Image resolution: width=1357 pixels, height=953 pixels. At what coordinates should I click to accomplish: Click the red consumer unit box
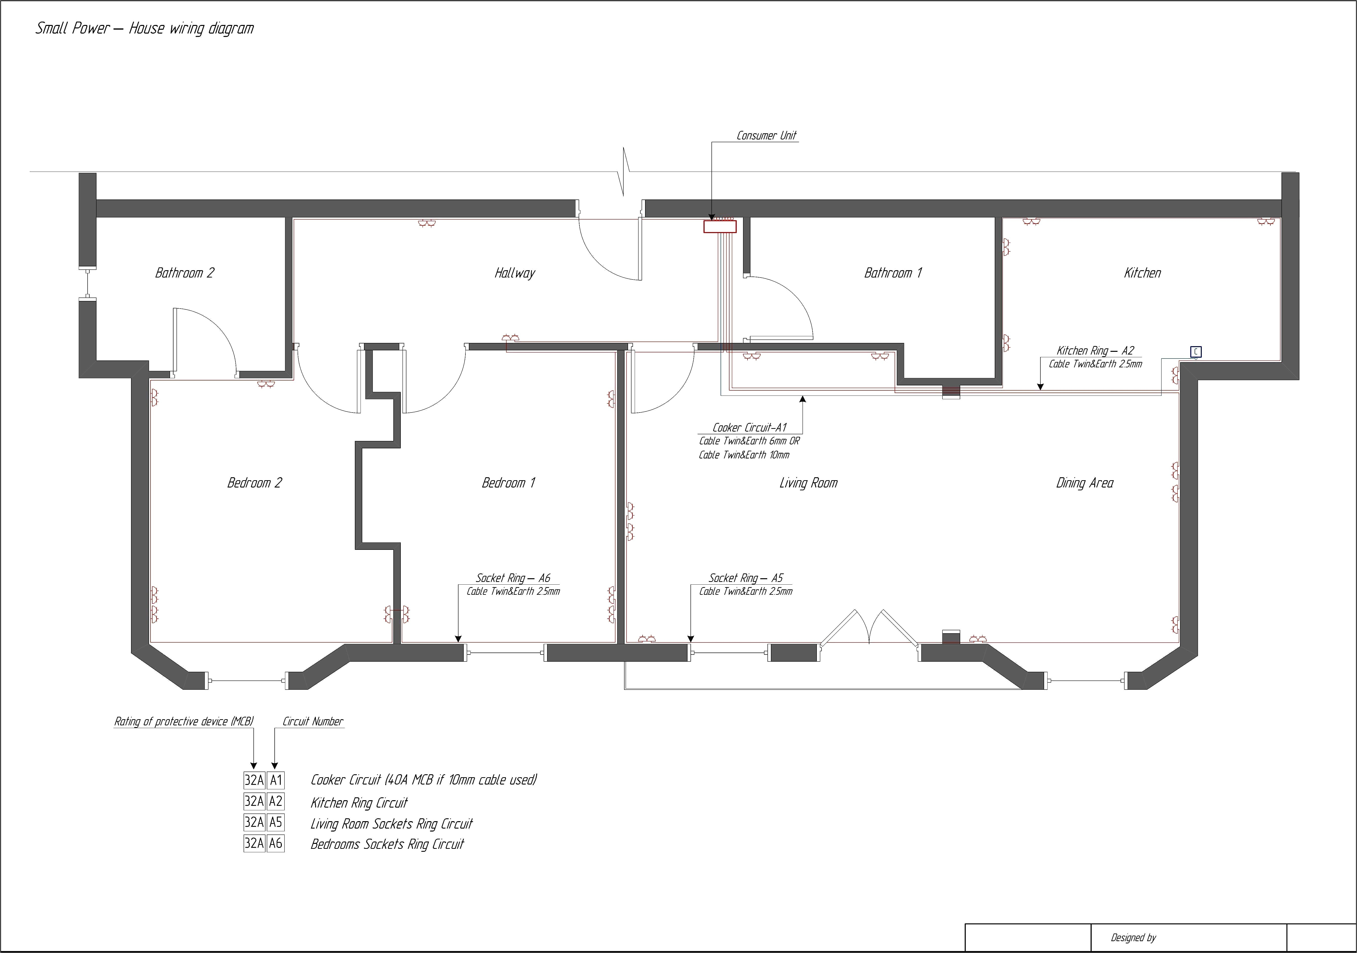[x=720, y=226]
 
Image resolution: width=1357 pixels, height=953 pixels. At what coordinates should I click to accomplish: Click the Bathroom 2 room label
[x=184, y=273]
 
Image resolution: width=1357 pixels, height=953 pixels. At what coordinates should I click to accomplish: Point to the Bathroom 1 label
[x=893, y=273]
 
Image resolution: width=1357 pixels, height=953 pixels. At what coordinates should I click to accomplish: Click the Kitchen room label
[x=1142, y=273]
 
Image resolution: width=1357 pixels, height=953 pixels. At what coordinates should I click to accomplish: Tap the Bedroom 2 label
[x=254, y=482]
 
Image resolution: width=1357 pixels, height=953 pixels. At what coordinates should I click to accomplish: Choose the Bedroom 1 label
[x=508, y=482]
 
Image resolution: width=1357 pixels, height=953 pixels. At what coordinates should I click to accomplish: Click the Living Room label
[x=808, y=482]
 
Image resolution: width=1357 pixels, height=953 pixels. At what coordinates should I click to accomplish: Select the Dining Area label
[x=1085, y=482]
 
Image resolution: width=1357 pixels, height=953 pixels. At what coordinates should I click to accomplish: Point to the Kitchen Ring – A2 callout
[x=1095, y=351]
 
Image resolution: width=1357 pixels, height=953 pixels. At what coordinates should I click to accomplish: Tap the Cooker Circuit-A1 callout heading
[x=749, y=427]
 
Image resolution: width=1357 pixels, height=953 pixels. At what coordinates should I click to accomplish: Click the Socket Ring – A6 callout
[x=513, y=577]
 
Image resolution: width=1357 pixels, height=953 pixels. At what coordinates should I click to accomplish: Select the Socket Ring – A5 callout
[x=746, y=577]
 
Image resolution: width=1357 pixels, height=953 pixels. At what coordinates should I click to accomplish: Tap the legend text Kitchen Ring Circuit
[x=359, y=802]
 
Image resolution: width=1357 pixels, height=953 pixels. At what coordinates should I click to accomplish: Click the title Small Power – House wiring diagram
[x=145, y=28]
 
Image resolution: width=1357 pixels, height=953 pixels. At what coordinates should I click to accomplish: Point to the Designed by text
[x=1133, y=937]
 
